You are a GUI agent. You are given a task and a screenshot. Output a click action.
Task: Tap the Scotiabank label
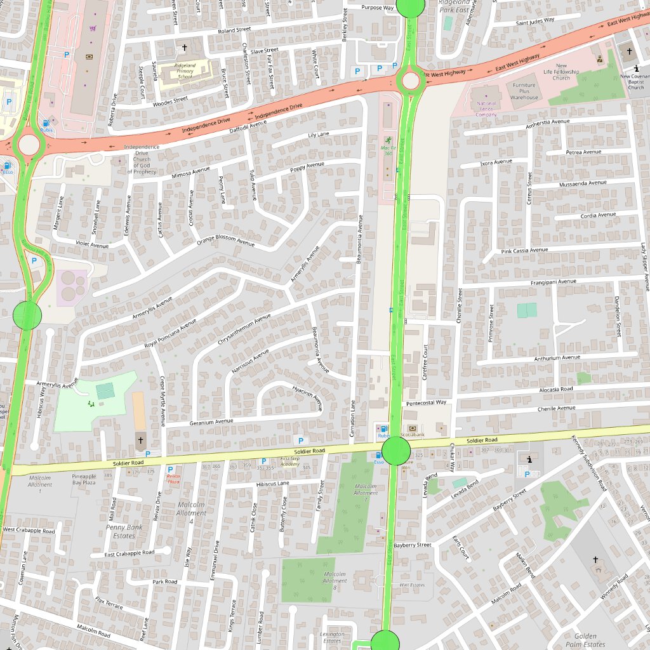413,435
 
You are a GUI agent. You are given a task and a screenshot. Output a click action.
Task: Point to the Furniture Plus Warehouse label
524,91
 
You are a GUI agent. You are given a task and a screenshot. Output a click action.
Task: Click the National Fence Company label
486,109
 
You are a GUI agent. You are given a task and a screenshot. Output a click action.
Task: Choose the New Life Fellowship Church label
561,72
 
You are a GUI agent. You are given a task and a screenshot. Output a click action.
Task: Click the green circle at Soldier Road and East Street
396,451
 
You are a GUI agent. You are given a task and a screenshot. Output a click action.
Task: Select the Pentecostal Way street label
427,402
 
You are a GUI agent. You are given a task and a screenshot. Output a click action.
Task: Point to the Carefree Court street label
425,362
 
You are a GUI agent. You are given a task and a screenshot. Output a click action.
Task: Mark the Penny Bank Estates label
124,531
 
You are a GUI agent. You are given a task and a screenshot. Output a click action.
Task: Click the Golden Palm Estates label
585,640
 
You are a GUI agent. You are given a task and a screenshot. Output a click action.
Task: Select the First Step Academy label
290,461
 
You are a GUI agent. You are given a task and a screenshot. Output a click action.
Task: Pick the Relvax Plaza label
173,479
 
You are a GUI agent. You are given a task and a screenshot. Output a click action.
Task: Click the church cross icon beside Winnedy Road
595,560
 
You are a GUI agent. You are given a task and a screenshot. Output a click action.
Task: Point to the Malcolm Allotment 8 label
335,580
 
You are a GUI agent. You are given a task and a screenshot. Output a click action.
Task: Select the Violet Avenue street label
93,244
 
